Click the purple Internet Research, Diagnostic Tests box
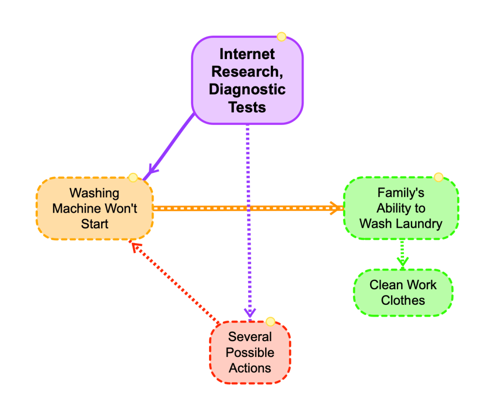(247, 80)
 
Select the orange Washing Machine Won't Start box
(94, 208)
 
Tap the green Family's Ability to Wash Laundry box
(401, 208)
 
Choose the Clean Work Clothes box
(403, 292)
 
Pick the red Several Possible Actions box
(250, 352)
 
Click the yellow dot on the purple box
(281, 37)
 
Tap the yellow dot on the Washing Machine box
(133, 177)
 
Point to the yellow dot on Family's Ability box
(438, 177)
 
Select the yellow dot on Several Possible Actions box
(270, 322)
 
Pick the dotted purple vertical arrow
(248, 218)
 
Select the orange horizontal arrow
(247, 208)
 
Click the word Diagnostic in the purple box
(247, 89)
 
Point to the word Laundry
(424, 224)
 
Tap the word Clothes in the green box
(403, 300)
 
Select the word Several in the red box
(250, 337)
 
